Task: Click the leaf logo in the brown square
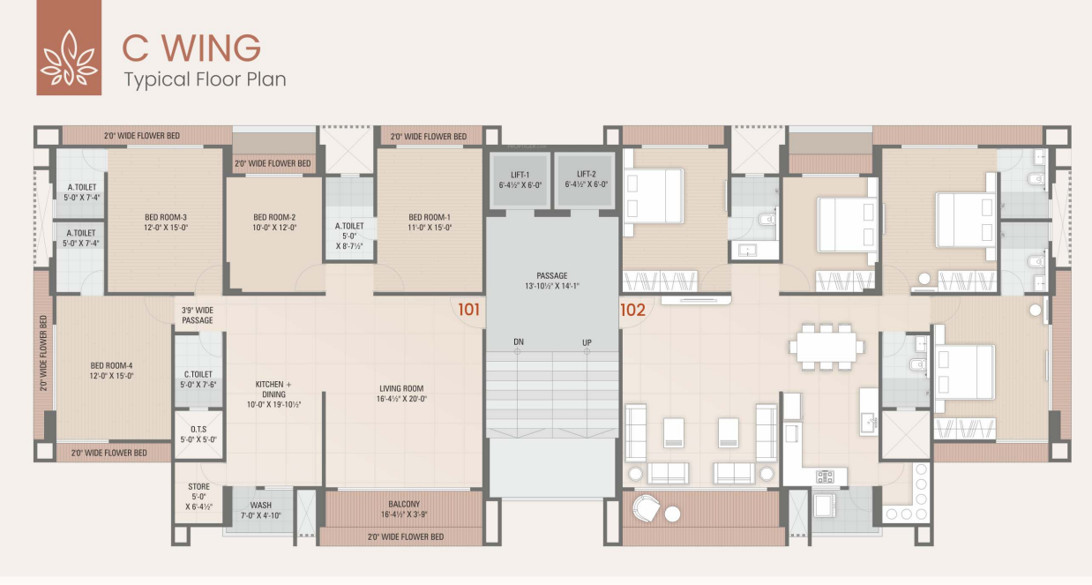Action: tap(69, 57)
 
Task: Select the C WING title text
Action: tap(191, 48)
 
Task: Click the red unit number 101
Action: tap(468, 310)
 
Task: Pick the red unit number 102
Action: tap(632, 310)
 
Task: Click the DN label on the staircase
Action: tap(518, 342)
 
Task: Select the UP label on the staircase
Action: tap(587, 342)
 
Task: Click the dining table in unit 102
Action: tap(826, 347)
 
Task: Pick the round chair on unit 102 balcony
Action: tap(646, 507)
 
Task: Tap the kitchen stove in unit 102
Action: tap(825, 476)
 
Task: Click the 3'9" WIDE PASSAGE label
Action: tap(198, 315)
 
